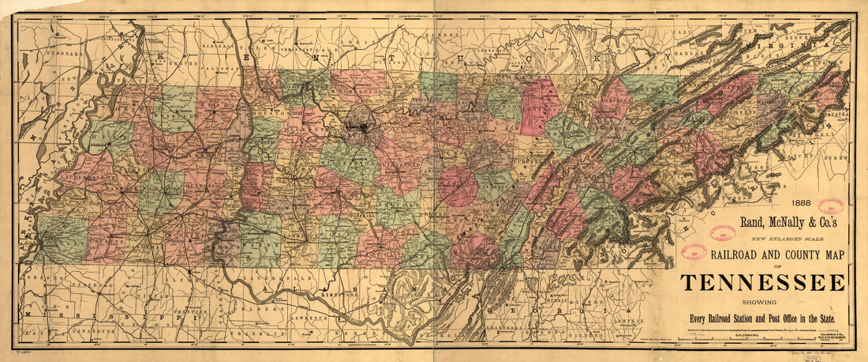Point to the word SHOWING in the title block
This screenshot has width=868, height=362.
click(x=761, y=301)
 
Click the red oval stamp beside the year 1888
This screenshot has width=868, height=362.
click(x=830, y=207)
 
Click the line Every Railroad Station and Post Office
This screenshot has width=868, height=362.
click(x=761, y=319)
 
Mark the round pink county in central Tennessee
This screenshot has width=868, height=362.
click(x=458, y=186)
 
